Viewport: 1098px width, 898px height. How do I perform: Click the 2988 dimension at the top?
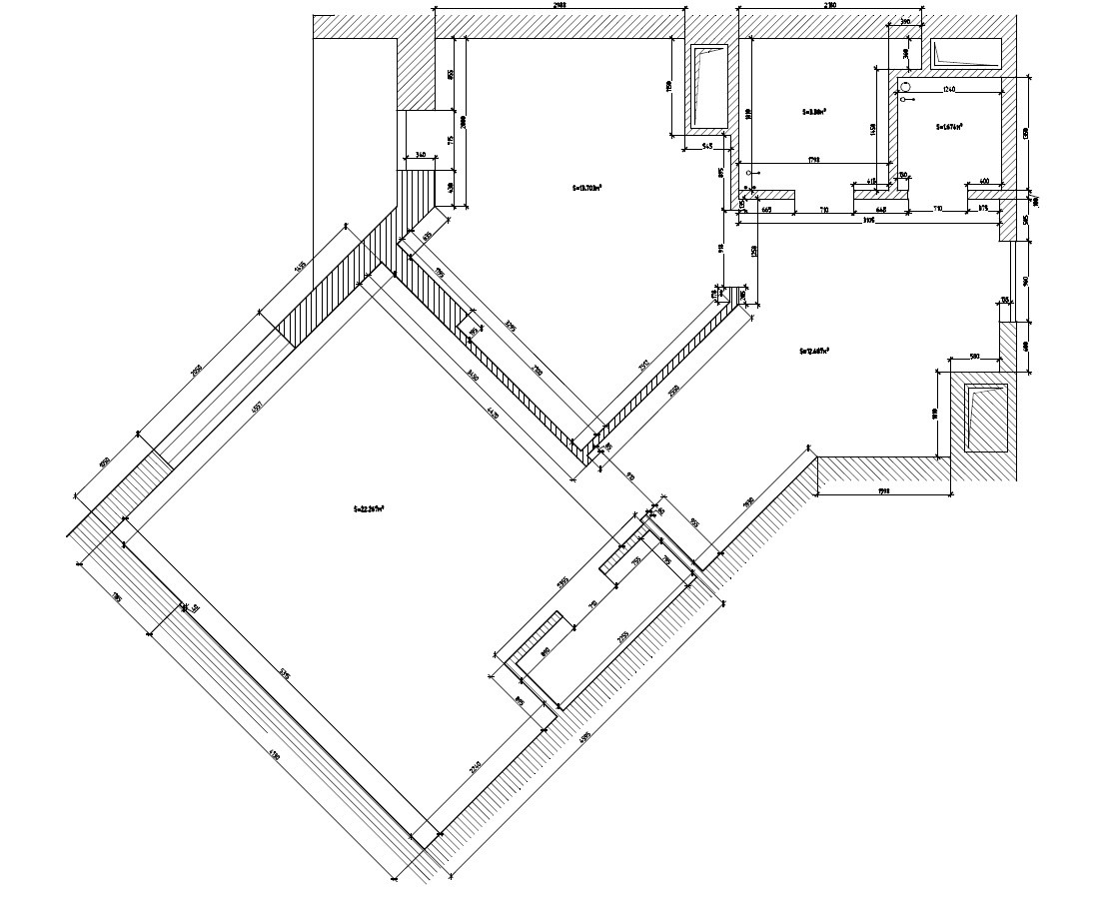pos(559,6)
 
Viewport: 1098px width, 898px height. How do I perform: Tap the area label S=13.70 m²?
pos(587,187)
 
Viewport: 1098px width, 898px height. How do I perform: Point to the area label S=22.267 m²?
pos(369,507)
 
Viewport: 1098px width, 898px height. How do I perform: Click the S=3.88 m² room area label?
pos(813,112)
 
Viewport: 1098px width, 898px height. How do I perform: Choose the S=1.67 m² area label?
pos(949,127)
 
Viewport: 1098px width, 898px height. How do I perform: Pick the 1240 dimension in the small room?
pos(949,90)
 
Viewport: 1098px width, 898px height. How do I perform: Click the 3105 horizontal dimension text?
pos(868,220)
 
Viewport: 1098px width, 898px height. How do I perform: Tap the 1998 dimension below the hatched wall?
pos(884,491)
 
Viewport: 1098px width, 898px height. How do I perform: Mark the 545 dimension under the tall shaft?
pos(705,147)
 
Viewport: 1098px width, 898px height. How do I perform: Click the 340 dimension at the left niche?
pos(421,155)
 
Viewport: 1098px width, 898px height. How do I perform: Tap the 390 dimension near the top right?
pos(905,20)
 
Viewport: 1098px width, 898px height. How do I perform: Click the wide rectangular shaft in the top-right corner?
pos(965,54)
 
